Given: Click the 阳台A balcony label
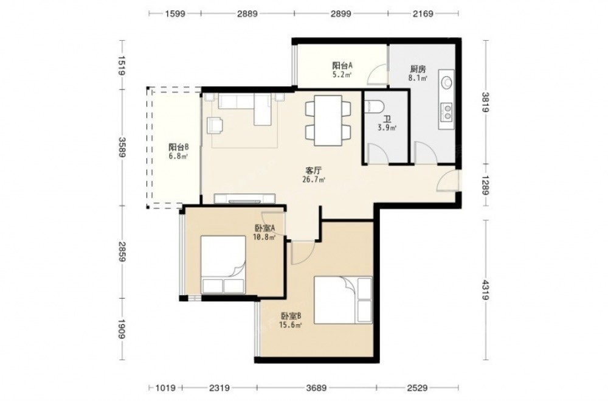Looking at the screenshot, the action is coord(342,65).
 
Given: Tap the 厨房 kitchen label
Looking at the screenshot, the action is coord(418,69).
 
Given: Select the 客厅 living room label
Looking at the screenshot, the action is coord(313,170).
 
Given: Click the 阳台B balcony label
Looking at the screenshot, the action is coord(178,147).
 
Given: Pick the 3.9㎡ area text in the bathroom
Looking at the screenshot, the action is coord(387,127).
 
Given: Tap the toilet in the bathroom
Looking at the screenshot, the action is coord(375,106).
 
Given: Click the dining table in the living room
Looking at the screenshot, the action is coord(328,120).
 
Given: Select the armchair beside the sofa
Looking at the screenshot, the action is coord(215,125).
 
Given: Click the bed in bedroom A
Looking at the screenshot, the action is coord(223,264).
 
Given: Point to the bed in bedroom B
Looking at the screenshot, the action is coord(343,299).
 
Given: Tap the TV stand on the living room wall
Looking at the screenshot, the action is coord(244,198).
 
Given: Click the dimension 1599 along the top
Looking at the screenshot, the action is coord(175,14).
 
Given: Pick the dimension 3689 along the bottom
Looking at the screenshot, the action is coord(316,388).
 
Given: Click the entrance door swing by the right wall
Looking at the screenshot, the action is coord(447,181).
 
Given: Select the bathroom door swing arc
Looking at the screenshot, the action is coord(378,153).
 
